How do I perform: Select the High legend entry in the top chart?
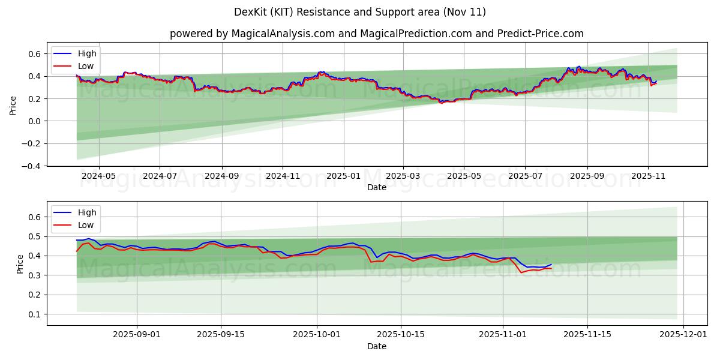(x=87, y=53)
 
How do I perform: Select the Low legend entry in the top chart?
(x=86, y=66)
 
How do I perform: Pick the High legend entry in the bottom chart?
(x=87, y=212)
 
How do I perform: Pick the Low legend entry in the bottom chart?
(x=86, y=225)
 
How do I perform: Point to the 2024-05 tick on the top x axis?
(x=98, y=176)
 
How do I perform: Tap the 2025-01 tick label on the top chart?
(x=344, y=176)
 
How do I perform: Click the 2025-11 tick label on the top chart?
(x=648, y=176)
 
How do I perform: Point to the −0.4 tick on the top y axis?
(x=32, y=166)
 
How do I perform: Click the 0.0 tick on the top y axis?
(x=35, y=121)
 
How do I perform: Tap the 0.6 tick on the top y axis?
(x=35, y=54)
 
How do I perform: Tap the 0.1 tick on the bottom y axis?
(x=35, y=314)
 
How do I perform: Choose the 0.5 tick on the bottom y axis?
(x=35, y=236)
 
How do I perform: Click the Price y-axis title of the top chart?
(x=13, y=104)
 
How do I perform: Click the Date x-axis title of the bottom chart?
(x=377, y=346)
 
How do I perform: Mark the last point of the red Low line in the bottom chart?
(x=551, y=268)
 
